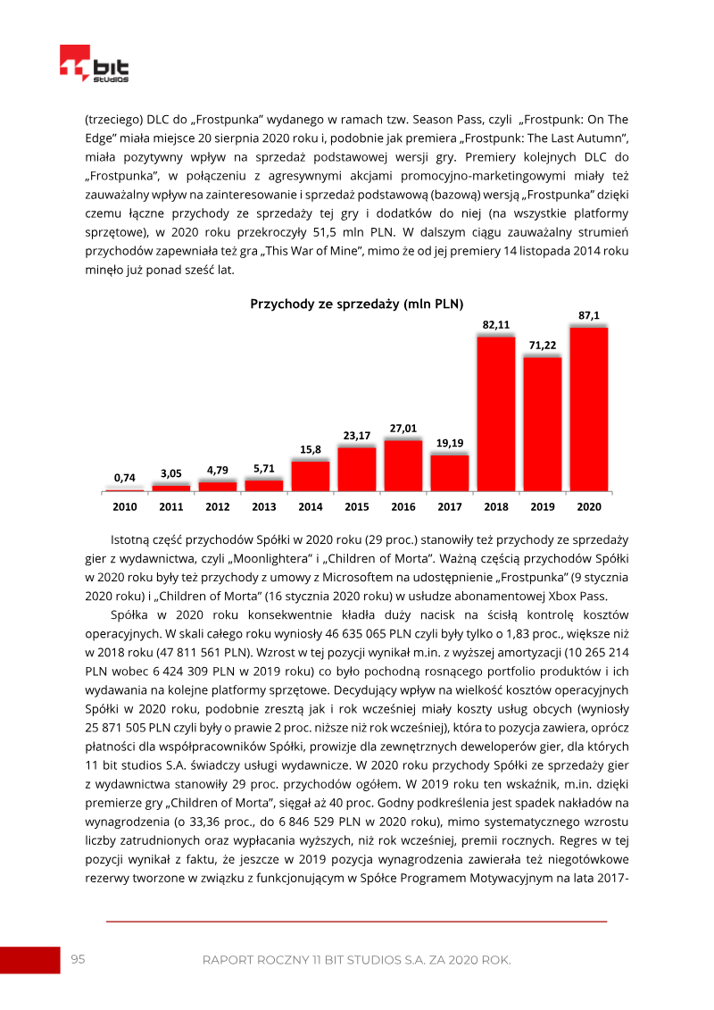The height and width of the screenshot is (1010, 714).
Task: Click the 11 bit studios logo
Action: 94,64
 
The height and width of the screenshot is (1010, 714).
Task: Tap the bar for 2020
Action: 589,409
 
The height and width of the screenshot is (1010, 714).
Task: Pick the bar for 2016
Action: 403,465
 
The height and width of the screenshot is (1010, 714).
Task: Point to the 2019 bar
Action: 543,423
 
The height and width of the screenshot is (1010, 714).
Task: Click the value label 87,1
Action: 589,314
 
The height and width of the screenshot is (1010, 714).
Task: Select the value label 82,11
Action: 496,324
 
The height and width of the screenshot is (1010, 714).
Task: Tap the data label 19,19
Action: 450,443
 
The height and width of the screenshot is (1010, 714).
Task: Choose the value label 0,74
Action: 125,478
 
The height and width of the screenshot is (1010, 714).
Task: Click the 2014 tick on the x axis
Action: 311,506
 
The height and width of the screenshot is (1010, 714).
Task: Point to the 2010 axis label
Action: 125,506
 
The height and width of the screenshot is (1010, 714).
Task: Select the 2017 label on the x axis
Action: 450,506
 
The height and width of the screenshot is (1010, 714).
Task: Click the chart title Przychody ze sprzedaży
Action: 357,304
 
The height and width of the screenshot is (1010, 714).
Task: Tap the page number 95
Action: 79,959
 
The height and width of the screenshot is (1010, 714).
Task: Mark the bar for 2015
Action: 357,469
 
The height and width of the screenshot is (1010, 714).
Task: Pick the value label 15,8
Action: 311,449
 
